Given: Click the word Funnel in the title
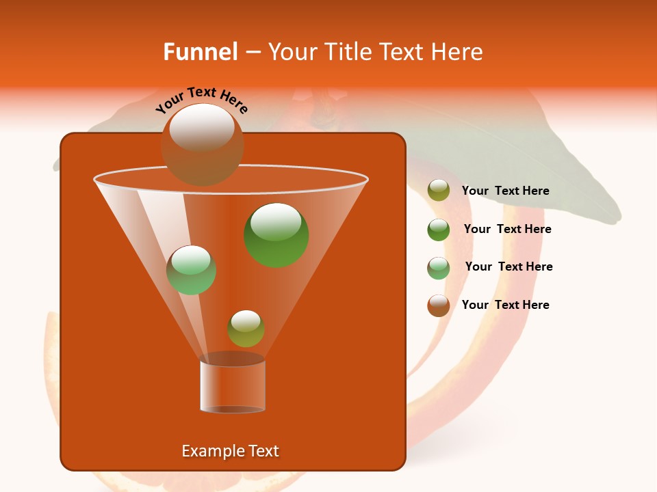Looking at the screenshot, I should pos(201,52).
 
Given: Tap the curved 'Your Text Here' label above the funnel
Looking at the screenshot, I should pos(202,100).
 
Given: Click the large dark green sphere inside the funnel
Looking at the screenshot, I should pos(276,234).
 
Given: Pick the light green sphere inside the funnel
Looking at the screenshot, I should pos(191,270).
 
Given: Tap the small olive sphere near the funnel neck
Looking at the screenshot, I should pos(246,328).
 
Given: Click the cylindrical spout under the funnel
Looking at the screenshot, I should pos(232,385).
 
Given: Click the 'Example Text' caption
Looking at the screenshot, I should pos(230,451).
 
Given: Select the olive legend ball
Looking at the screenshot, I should pos(439,191).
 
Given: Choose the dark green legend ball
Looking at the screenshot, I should pos(439,230).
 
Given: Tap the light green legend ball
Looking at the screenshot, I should pos(439,268).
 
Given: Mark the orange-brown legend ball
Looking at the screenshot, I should pos(439,305).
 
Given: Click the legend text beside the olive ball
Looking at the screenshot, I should pos(505,191).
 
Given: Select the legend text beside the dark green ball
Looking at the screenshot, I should pos(507,230).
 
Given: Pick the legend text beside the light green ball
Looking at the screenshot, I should pos(508,267).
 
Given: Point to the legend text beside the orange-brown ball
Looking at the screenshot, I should pos(505,305).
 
